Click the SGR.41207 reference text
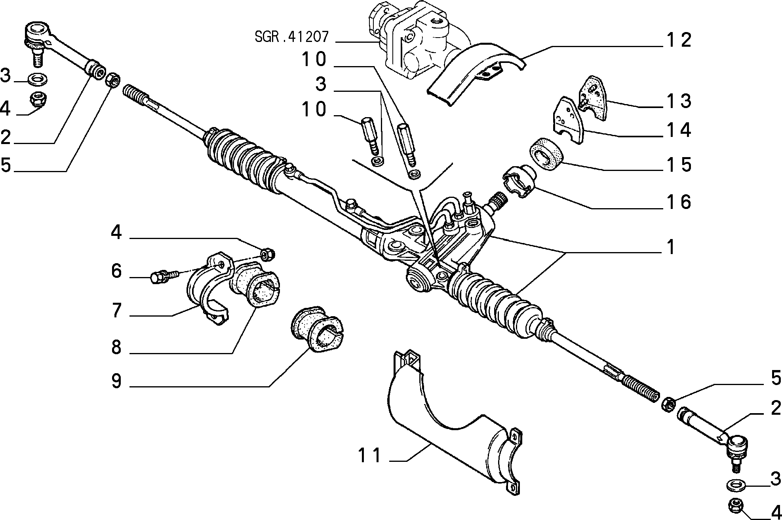[x=292, y=37]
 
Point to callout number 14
[x=677, y=130]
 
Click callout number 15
[x=677, y=164]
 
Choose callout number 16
[x=677, y=201]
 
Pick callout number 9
[x=116, y=381]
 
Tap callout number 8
[x=116, y=347]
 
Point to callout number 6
[x=116, y=271]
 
